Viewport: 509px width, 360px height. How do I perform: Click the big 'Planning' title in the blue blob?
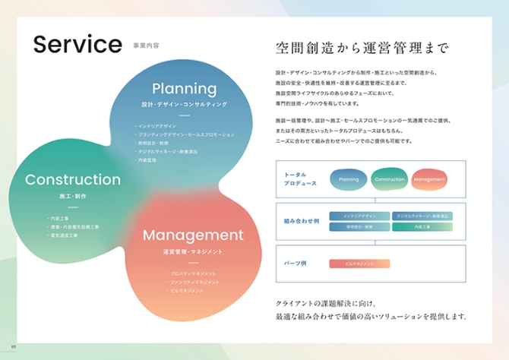[x=184, y=89]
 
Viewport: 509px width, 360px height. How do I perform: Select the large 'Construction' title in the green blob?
[x=73, y=180]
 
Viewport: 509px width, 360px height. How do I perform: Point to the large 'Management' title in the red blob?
[x=193, y=235]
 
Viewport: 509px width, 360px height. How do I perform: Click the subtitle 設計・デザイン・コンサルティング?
[x=185, y=104]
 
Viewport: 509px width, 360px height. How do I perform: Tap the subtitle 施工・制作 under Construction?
[x=73, y=196]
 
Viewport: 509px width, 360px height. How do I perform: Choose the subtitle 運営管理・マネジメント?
[x=192, y=251]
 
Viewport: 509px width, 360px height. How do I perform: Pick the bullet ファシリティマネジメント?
[x=194, y=282]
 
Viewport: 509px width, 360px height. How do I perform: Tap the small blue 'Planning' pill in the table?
[x=349, y=180]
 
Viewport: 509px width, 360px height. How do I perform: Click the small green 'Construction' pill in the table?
[x=390, y=180]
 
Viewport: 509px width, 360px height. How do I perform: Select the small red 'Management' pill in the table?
[x=429, y=180]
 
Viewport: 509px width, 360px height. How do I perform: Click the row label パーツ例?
[x=295, y=264]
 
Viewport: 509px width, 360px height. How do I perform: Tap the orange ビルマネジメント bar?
[x=359, y=264]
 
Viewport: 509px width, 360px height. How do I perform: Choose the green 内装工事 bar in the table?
[x=422, y=226]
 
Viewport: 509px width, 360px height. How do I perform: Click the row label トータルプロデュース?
[x=296, y=179]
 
